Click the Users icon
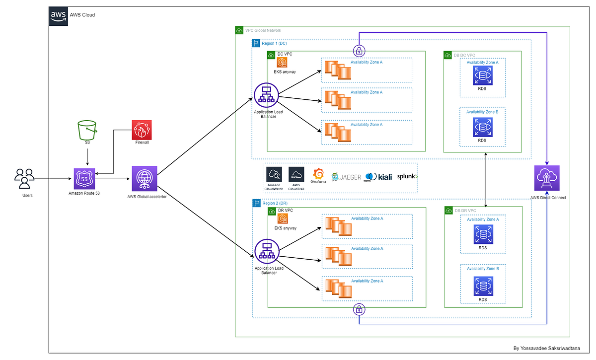pyautogui.click(x=24, y=178)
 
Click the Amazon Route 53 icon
pyautogui.click(x=84, y=178)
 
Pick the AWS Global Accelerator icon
pyautogui.click(x=145, y=178)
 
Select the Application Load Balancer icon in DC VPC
pyautogui.click(x=266, y=95)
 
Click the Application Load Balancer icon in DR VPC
pyautogui.click(x=266, y=252)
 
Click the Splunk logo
pyautogui.click(x=407, y=177)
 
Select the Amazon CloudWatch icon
pyautogui.click(x=274, y=175)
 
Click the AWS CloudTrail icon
pyautogui.click(x=297, y=175)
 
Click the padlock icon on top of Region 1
pyautogui.click(x=359, y=50)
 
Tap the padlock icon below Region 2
pyautogui.click(x=359, y=310)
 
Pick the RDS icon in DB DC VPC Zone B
pyautogui.click(x=482, y=127)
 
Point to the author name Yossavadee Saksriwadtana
pyautogui.click(x=553, y=349)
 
